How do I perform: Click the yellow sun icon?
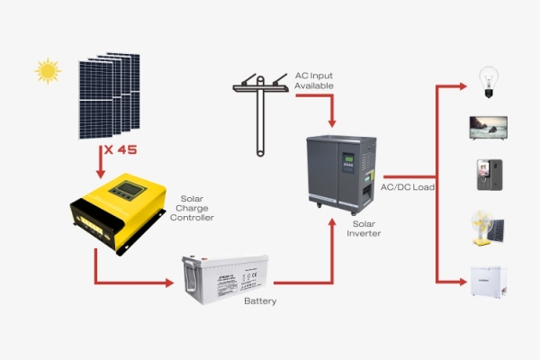46,70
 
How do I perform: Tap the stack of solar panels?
109,92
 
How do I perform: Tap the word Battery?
260,301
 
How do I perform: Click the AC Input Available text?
314,80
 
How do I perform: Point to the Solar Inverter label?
364,228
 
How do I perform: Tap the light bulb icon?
487,79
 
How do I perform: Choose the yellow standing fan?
484,227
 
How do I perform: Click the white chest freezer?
490,280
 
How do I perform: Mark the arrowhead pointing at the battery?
169,283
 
